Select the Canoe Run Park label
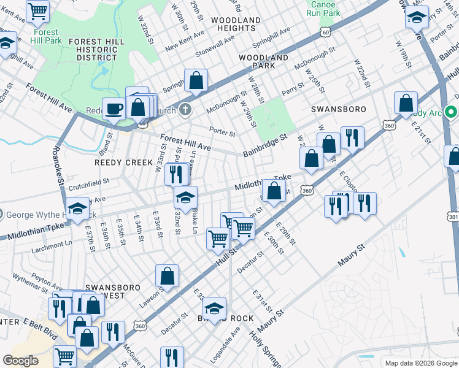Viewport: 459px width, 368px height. (323, 8)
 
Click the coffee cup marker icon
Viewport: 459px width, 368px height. (113, 109)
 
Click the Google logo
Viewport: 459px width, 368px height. (21, 361)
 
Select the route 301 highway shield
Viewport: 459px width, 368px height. (453, 217)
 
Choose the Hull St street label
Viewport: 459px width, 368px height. (227, 256)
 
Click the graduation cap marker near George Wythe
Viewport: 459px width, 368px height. (78, 210)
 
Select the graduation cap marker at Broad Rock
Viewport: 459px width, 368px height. (214, 309)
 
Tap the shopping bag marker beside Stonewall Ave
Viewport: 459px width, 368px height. (196, 80)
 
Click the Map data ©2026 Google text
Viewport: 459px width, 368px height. (420, 363)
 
